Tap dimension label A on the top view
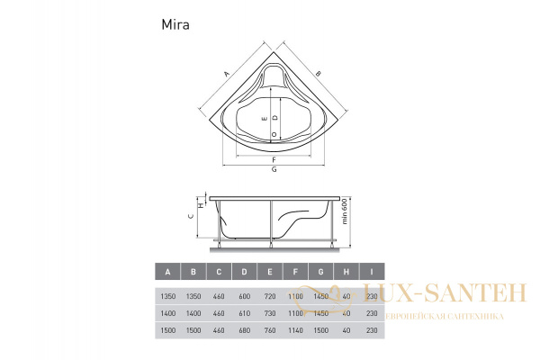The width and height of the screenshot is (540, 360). coord(225,75)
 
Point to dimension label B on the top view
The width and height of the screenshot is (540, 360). coord(319,74)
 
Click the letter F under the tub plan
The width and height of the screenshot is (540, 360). coord(273,158)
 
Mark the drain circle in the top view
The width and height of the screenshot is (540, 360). coord(273,134)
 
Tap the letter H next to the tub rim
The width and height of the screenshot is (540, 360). coord(200,205)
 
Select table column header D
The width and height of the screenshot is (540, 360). coord(244,270)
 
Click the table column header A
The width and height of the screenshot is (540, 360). coord(166,270)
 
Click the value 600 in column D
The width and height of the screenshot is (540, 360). coord(244,296)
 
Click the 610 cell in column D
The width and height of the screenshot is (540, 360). coord(244,313)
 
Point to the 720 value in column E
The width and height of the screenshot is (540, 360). coord(270,296)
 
